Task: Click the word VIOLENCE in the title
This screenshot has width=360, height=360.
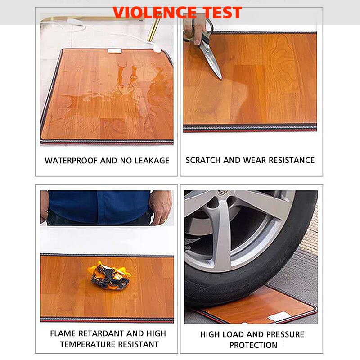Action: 155,13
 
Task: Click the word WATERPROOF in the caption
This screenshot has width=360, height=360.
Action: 71,161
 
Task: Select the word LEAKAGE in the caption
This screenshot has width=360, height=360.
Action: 152,161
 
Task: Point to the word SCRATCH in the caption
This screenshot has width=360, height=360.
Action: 203,160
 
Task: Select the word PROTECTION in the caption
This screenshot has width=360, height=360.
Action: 253,345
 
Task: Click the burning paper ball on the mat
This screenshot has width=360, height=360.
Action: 110,275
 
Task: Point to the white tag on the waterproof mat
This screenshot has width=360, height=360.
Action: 114,51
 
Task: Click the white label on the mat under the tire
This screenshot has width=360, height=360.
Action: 278,316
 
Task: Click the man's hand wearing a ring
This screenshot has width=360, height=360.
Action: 161,207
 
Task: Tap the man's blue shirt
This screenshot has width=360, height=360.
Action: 99,207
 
